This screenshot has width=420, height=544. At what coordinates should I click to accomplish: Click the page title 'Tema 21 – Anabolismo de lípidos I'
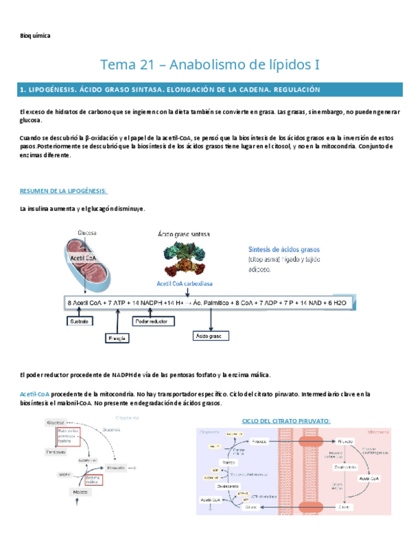(210, 65)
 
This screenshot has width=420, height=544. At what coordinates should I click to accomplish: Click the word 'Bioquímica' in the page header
(35, 36)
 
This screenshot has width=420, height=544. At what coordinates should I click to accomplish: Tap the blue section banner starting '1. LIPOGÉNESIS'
(210, 90)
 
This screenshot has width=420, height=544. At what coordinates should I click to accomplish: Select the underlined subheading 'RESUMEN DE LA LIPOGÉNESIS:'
(63, 191)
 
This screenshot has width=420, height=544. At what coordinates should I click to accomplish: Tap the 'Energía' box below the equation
(117, 337)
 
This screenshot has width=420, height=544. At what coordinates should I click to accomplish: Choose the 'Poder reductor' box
(154, 320)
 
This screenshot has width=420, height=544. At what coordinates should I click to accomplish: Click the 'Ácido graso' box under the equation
(212, 336)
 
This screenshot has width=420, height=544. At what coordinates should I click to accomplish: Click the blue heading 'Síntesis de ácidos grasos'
(283, 249)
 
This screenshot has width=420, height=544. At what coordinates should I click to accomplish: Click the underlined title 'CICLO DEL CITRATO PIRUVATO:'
(286, 421)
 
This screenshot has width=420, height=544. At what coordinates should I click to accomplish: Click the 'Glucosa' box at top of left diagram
(55, 422)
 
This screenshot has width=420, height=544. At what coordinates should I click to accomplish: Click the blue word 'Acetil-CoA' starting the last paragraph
(35, 394)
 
